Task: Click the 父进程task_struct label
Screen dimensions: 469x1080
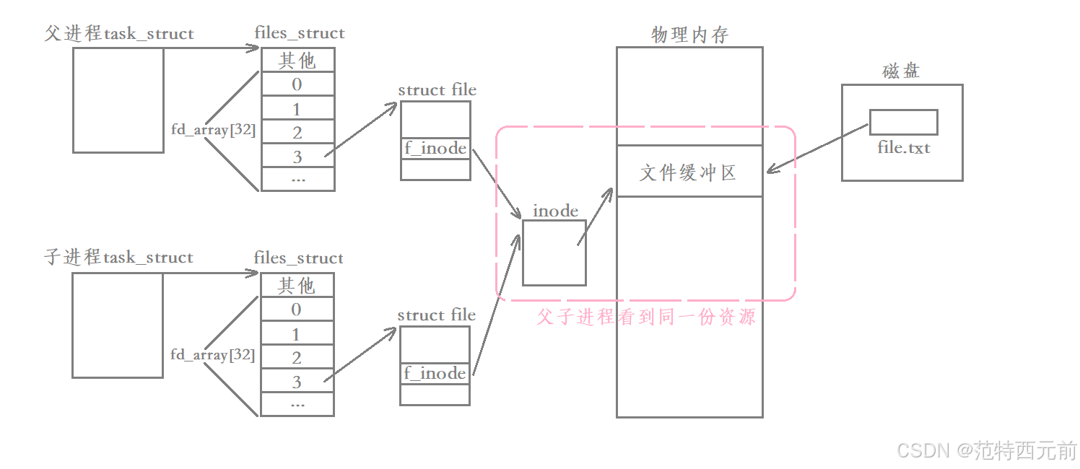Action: (x=119, y=33)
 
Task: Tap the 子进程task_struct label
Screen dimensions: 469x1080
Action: (x=119, y=258)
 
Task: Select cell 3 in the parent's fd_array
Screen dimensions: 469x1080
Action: (x=297, y=156)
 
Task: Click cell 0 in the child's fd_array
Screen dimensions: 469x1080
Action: (x=297, y=310)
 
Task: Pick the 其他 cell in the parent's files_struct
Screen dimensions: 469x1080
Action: (x=297, y=60)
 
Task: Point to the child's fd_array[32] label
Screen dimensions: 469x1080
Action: (x=212, y=355)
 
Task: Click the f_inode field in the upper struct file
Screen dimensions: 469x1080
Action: (x=435, y=149)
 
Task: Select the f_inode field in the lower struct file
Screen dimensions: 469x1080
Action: (x=435, y=373)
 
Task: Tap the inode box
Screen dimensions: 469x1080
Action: (x=554, y=253)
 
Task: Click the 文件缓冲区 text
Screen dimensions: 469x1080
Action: (x=689, y=172)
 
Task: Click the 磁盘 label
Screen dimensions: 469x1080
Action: (x=901, y=71)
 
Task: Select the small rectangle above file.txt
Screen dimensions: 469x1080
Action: (x=903, y=122)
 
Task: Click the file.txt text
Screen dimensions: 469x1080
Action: (x=904, y=148)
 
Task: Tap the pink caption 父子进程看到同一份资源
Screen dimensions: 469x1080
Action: (x=646, y=317)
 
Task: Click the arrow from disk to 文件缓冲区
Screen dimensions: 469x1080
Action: (x=816, y=149)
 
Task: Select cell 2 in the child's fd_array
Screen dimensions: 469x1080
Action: (x=297, y=358)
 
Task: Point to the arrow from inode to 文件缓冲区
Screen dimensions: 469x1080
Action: (x=596, y=217)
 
